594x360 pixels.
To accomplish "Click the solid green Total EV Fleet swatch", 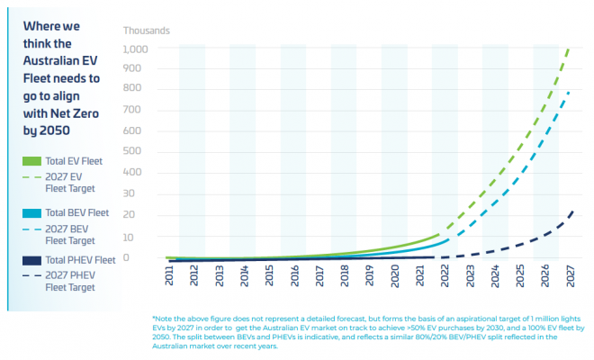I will click(29, 161).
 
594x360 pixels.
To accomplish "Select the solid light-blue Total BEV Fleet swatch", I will click(29, 213).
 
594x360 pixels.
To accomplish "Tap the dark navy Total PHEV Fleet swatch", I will click(29, 260).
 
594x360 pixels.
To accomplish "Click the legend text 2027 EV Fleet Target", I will click(69, 184).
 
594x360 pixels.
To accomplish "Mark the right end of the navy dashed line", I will click(572, 211).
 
